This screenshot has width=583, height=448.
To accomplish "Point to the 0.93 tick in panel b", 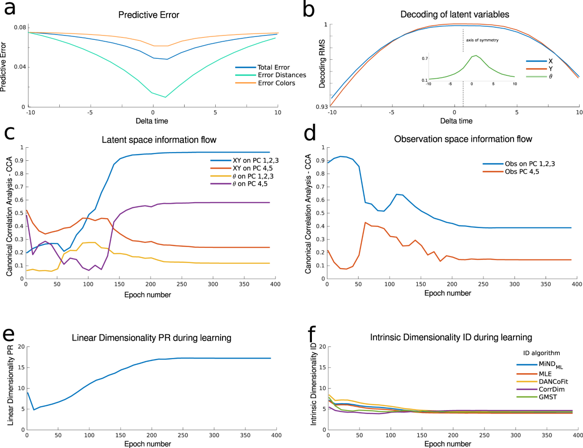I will coord(323,106).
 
